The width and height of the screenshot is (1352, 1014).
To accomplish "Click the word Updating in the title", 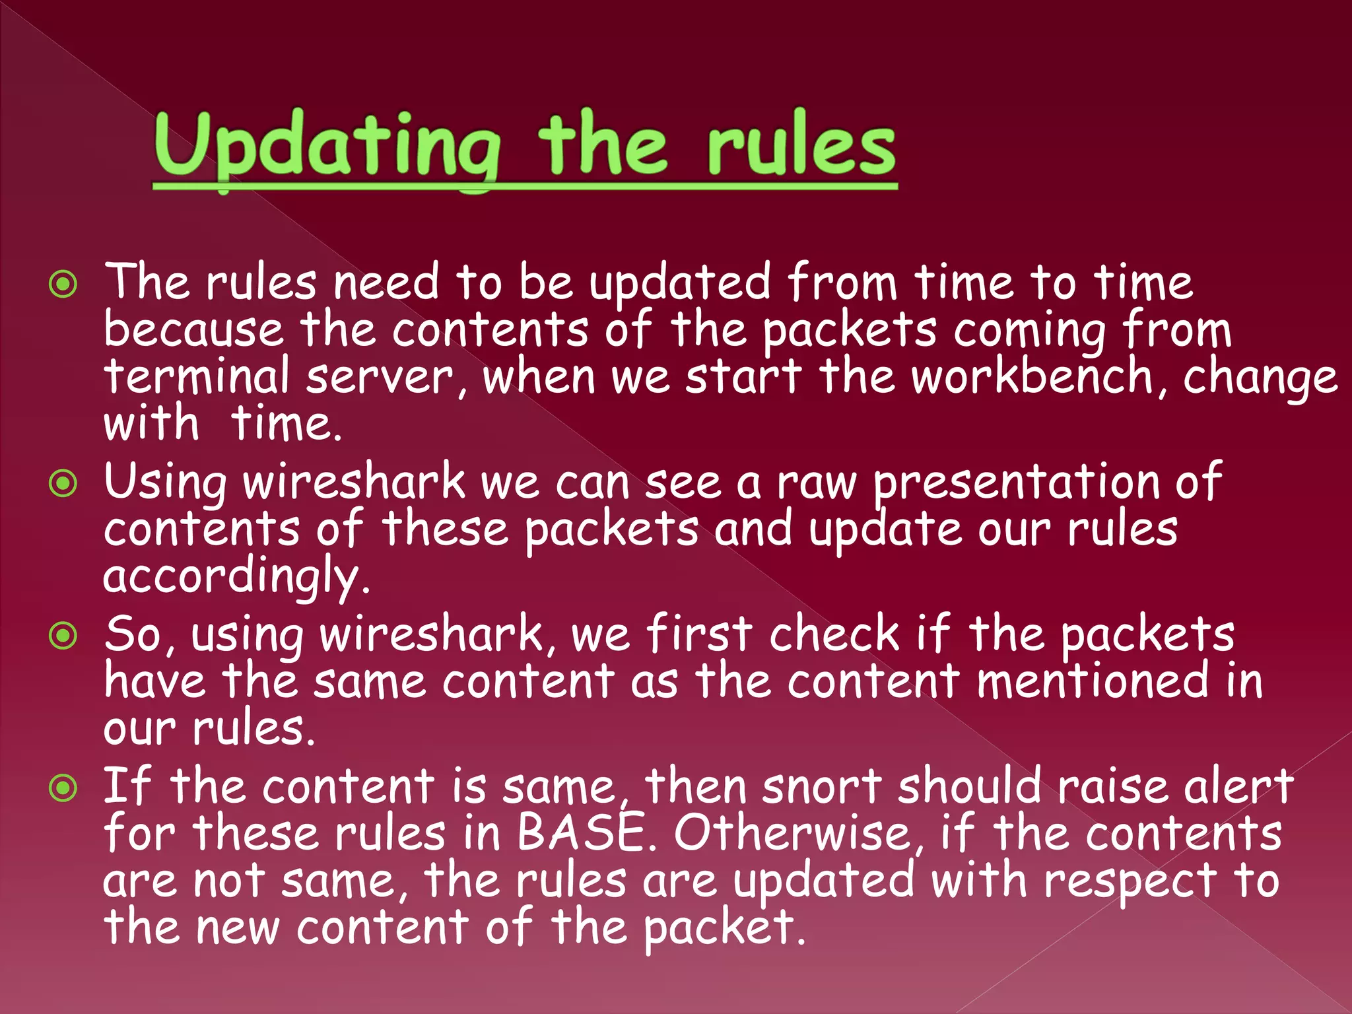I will [327, 147].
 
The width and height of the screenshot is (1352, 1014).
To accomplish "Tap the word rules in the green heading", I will [801, 147].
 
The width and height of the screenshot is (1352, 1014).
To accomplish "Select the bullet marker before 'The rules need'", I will [63, 285].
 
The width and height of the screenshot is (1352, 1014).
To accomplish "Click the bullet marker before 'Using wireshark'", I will [63, 484].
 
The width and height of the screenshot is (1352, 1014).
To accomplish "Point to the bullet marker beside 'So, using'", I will [63, 636].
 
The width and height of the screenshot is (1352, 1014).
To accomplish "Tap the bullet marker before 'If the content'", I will [63, 788].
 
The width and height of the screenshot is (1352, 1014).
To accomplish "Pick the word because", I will [193, 329].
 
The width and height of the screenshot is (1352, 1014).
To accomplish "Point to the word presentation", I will [1015, 483].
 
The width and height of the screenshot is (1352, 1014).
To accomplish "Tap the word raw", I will [816, 483].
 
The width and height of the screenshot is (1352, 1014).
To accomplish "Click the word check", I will [834, 634].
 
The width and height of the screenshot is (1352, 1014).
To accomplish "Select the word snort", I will [822, 786].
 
